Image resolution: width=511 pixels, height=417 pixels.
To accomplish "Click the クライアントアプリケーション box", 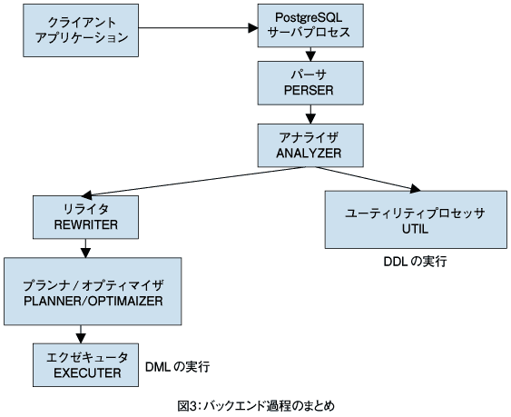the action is coord(81,30).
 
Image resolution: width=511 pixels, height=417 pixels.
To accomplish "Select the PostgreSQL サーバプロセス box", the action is coord(310,25).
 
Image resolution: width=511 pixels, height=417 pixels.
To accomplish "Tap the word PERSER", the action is coord(309,90).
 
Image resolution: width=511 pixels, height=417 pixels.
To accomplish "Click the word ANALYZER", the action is coord(309,153).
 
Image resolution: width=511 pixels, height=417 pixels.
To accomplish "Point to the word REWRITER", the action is coord(85,224).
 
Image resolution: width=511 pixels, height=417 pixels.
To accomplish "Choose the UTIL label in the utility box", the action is coord(415,229).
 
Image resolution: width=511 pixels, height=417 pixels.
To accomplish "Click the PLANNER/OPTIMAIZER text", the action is coord(93,301).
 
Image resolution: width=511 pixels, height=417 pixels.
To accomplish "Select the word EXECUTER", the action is coord(87,373).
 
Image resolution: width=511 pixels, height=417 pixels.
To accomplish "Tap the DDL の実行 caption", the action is coord(415,262).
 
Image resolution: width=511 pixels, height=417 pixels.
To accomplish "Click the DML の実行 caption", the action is coord(177,367).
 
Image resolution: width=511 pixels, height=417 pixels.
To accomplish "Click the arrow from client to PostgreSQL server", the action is coord(198,28).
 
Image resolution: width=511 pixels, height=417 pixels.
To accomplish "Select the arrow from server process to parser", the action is coord(310,55).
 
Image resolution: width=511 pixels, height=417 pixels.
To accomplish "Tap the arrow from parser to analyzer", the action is coord(310,114).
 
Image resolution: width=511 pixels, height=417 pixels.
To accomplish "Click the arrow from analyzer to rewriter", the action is coord(193,182).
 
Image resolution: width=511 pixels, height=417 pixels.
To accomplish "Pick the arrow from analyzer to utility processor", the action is coord(368,179).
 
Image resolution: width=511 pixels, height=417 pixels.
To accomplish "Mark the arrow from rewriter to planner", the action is coord(85,248).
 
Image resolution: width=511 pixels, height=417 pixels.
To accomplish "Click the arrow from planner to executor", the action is coord(81,334).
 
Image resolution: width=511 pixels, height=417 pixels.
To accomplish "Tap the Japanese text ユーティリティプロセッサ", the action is coord(415,213).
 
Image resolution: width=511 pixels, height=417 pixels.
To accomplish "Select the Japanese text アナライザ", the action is coord(309,137).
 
